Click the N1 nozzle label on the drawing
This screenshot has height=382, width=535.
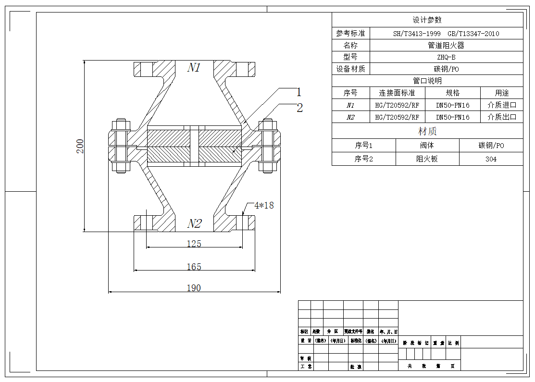tap(194, 68)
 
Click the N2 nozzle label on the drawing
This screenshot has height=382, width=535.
tap(194, 224)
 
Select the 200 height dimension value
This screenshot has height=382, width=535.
tap(80, 146)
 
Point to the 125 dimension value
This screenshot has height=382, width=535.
tap(194, 244)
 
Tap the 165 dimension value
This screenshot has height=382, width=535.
tap(194, 267)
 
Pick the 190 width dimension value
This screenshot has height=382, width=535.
tap(194, 288)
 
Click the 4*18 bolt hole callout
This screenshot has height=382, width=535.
tap(263, 205)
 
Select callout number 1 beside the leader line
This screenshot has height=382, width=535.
tap(299, 92)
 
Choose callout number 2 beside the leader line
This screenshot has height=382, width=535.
tap(299, 108)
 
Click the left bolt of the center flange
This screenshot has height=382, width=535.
tap(121, 146)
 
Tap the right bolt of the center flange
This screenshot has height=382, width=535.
tap(268, 146)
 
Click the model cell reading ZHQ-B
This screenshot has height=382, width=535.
tap(446, 57)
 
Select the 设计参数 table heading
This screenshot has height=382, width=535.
tap(427, 20)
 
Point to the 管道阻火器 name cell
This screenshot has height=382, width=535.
tap(446, 45)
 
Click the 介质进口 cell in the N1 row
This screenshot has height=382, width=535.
tap(501, 105)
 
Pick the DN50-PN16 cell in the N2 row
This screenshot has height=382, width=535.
tap(452, 117)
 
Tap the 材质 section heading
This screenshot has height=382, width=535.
tap(427, 131)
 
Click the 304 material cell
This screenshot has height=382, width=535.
tap(491, 159)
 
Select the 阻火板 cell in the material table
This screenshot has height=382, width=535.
tap(427, 159)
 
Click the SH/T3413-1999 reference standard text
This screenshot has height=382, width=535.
tap(417, 34)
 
